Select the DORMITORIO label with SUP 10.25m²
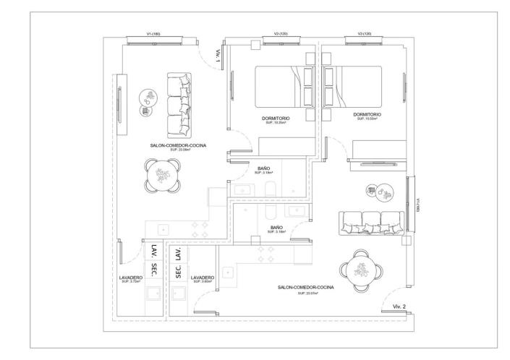276,117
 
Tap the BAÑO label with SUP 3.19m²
264,168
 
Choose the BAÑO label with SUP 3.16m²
276,227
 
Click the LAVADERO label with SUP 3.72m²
132,277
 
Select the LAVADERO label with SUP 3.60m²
202,277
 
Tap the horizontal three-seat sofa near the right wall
368,223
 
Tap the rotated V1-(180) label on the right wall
417,205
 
